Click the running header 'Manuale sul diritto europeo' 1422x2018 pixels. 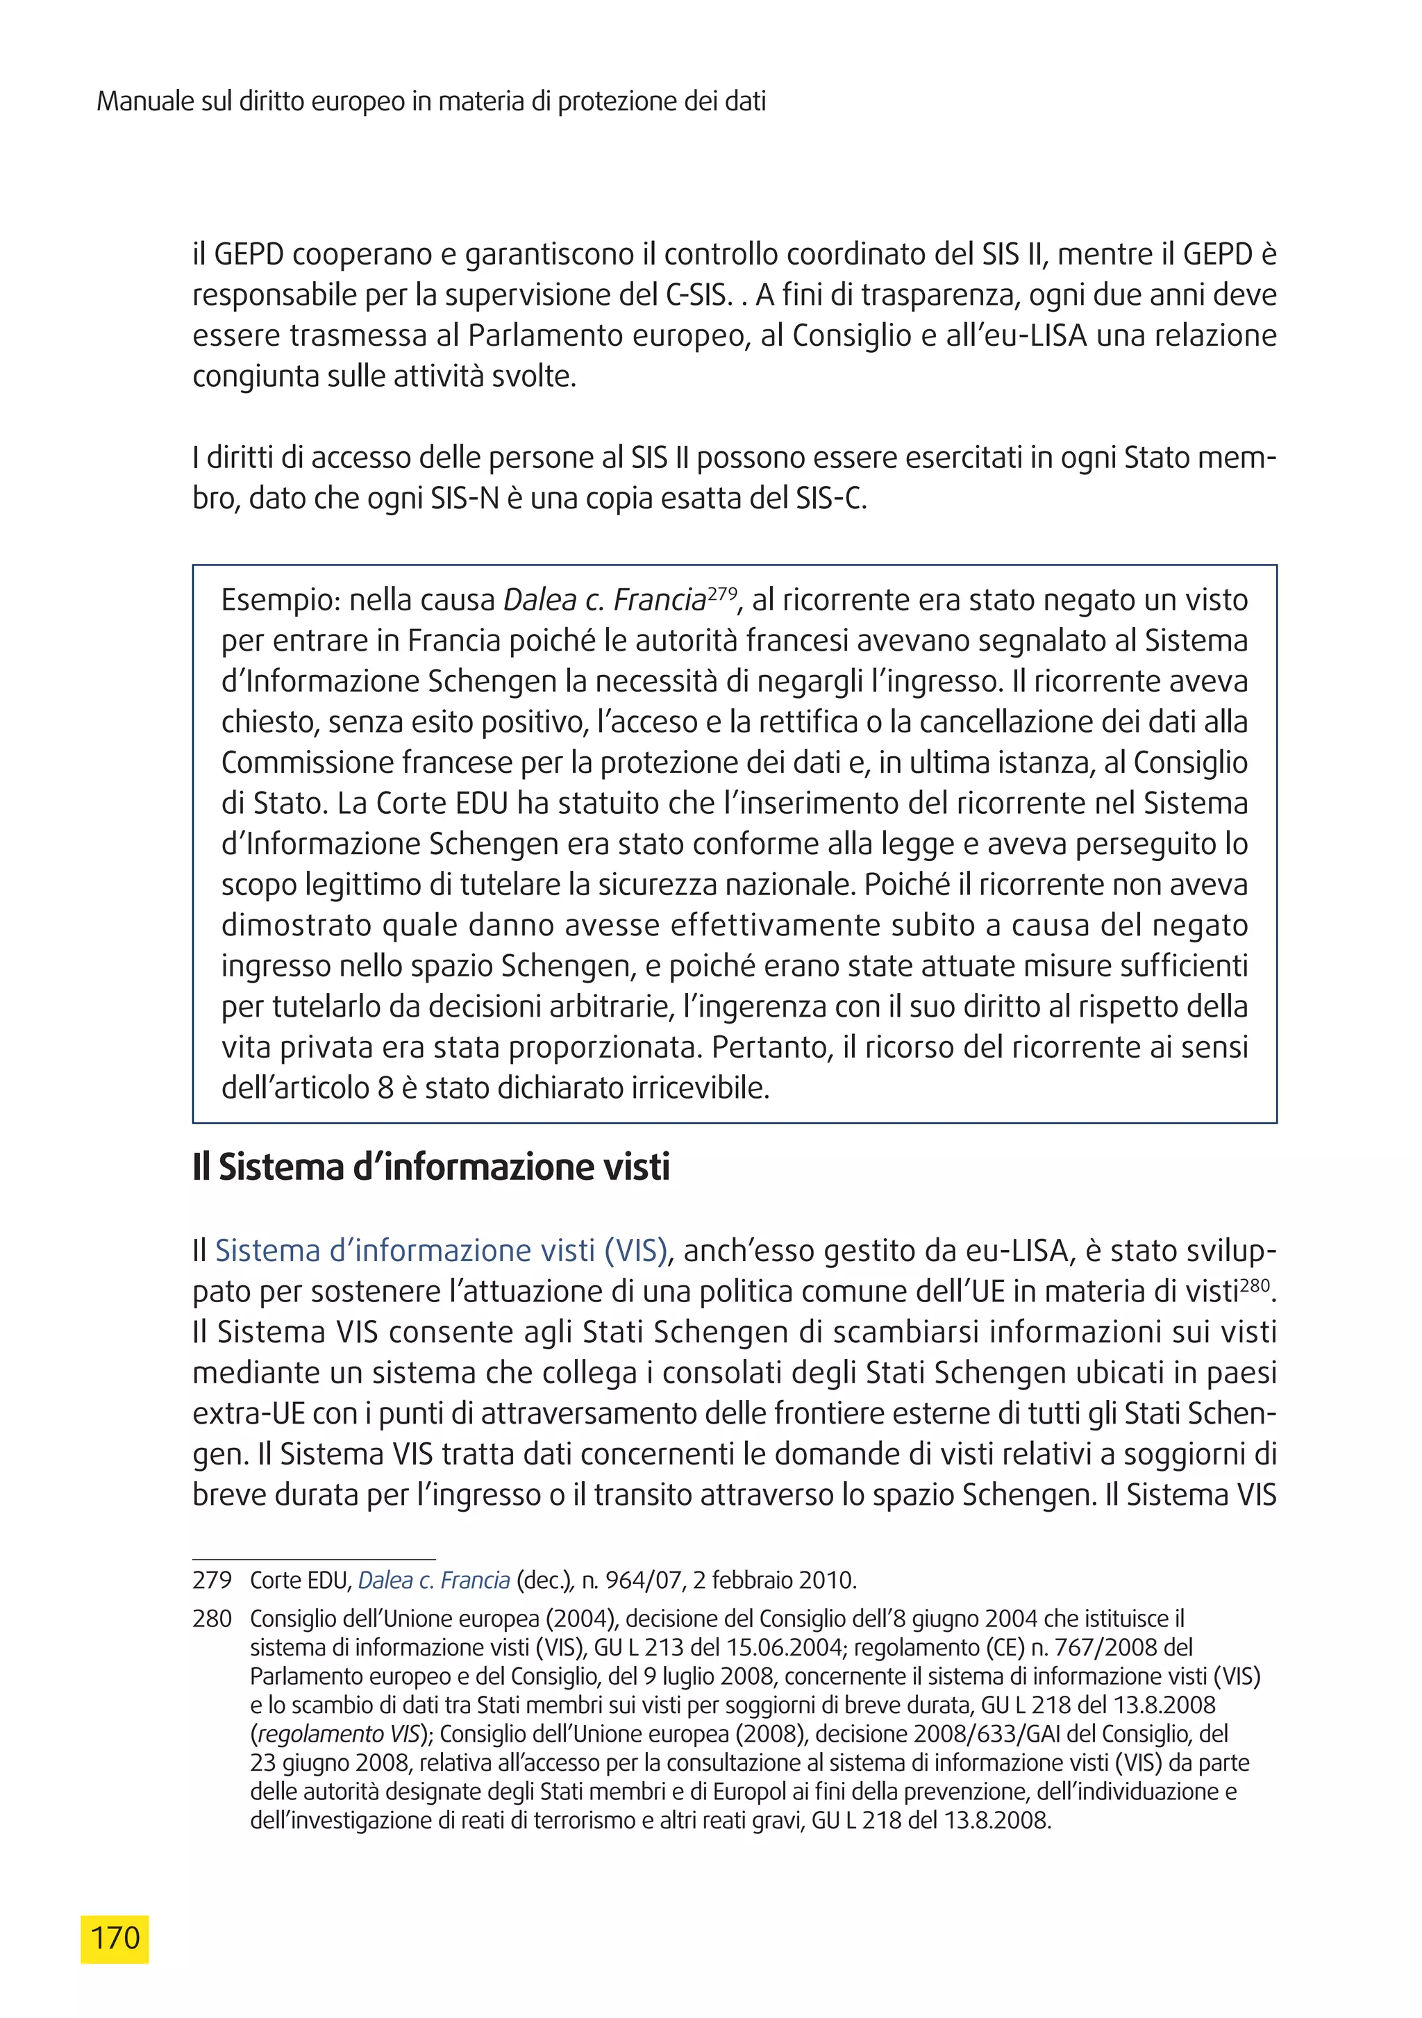(430, 102)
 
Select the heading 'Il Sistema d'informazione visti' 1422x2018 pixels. (430, 1167)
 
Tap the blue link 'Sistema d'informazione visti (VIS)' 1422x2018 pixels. (441, 1250)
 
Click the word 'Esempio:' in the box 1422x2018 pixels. (281, 600)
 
